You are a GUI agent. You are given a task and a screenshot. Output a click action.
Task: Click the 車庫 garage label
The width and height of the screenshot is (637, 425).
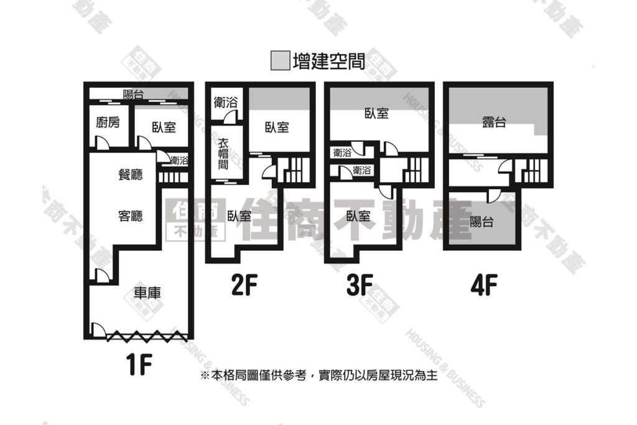(147, 293)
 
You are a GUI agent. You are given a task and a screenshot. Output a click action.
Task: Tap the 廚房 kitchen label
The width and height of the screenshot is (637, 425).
(108, 122)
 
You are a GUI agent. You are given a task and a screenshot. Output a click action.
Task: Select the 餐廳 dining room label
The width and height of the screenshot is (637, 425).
(131, 174)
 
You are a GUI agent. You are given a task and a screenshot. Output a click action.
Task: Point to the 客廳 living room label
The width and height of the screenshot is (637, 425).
(131, 215)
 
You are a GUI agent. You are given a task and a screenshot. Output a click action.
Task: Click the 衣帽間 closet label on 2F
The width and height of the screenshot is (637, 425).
(223, 154)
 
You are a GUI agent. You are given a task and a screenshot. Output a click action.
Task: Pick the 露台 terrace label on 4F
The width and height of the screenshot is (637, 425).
(494, 121)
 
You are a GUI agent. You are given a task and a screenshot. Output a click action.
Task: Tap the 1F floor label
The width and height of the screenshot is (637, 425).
(139, 365)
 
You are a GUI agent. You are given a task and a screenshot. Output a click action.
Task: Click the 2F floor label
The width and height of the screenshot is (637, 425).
(244, 285)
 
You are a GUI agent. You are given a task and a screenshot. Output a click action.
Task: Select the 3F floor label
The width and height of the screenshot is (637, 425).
(360, 285)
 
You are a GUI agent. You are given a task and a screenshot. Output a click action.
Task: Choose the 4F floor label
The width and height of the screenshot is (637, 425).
(484, 285)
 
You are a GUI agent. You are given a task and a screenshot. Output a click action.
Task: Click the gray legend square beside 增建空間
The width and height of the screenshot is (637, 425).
(281, 60)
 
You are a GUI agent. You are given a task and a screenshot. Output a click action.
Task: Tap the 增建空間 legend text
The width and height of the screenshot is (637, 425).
(328, 61)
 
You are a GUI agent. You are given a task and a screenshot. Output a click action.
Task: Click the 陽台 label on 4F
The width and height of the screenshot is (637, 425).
(481, 222)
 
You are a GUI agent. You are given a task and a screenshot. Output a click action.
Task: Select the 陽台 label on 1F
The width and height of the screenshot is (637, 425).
(133, 95)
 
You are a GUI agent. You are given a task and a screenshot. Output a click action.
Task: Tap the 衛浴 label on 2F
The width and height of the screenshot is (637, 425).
(225, 103)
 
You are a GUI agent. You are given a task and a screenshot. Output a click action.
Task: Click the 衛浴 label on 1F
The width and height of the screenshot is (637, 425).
(179, 161)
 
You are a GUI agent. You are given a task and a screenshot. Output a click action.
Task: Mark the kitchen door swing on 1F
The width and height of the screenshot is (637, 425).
(102, 141)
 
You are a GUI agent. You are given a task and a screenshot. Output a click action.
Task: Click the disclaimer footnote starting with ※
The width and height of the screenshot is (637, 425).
(319, 375)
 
